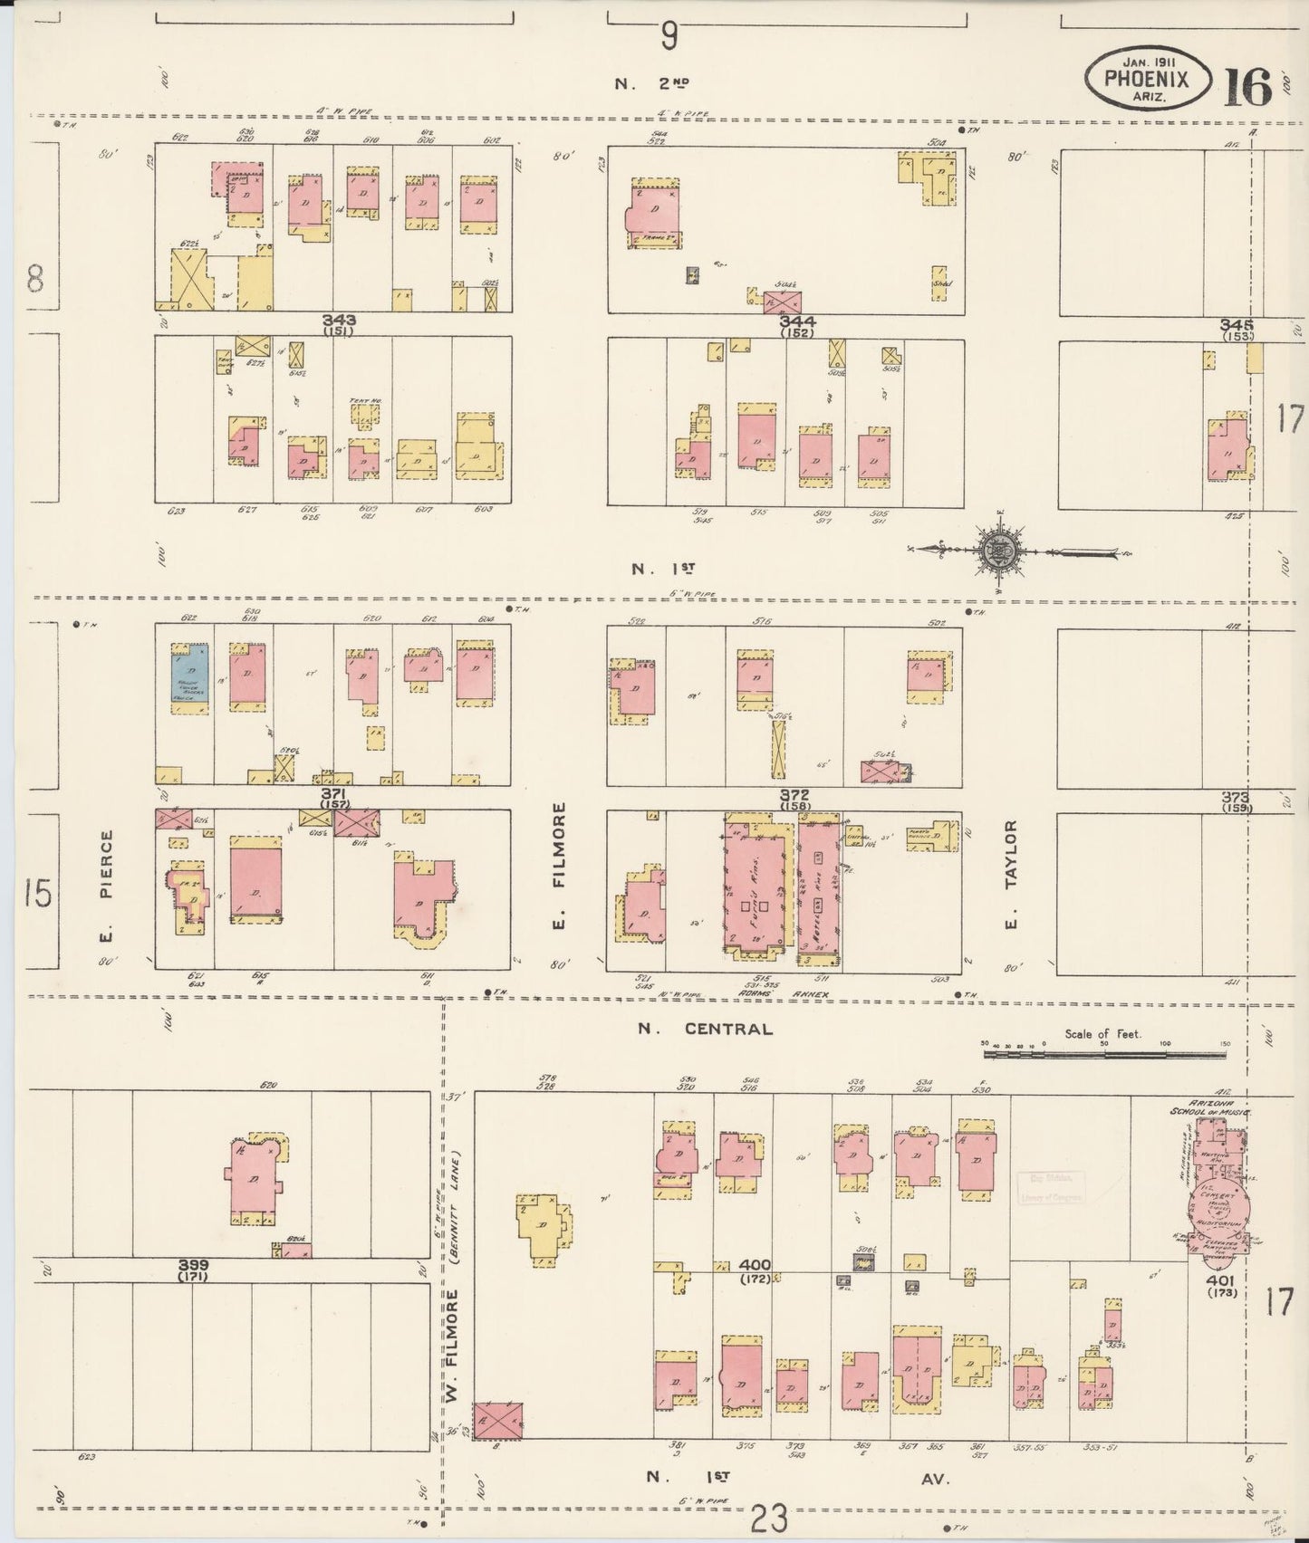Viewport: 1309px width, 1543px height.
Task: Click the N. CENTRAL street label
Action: pos(704,1029)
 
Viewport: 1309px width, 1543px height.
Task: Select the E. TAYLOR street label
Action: pos(1011,875)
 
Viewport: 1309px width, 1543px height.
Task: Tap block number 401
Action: pos(1218,1280)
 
